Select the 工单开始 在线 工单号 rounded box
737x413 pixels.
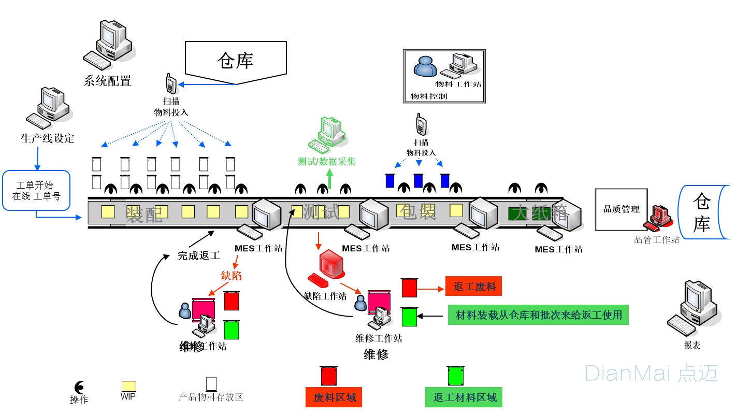tap(36, 191)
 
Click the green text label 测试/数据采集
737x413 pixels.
tap(327, 162)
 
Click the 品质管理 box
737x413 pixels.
tap(621, 209)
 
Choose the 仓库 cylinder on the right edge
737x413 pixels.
tap(704, 212)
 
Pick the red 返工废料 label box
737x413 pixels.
tap(473, 287)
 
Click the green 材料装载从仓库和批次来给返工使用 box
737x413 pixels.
tap(538, 315)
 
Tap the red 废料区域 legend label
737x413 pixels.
tap(334, 397)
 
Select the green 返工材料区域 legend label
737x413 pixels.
tap(464, 397)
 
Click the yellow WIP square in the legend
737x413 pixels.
tap(128, 386)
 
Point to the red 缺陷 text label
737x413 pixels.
tap(231, 276)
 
